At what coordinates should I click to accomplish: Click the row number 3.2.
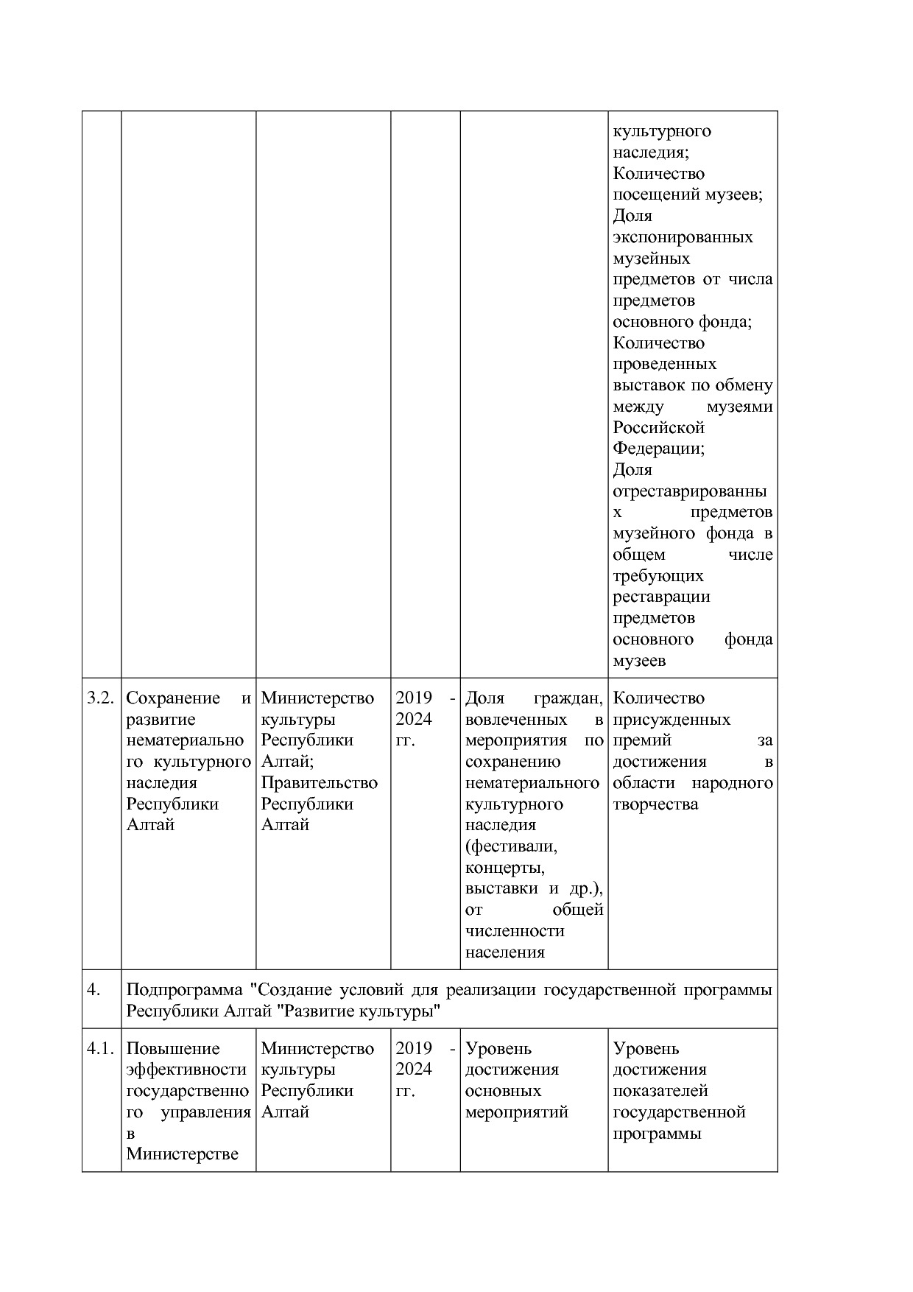(101, 698)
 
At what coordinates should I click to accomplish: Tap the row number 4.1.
(101, 1048)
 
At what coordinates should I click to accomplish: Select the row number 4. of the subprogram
(94, 989)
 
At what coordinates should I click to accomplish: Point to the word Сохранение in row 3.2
(173, 698)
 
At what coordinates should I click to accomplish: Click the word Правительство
(319, 782)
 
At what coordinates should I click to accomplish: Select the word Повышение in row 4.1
(173, 1048)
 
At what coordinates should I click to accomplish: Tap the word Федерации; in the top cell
(658, 448)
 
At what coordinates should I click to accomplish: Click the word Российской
(658, 427)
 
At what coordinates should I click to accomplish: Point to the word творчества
(655, 804)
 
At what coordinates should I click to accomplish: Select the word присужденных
(671, 719)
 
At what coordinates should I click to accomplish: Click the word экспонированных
(683, 237)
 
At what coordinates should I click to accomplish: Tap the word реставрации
(661, 597)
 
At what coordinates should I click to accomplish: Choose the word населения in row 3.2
(505, 952)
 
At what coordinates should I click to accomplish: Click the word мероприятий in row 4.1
(517, 1112)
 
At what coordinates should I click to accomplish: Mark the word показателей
(660, 1090)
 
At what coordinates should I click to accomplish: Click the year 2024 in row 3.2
(414, 719)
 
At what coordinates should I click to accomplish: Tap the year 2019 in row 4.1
(414, 1048)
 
